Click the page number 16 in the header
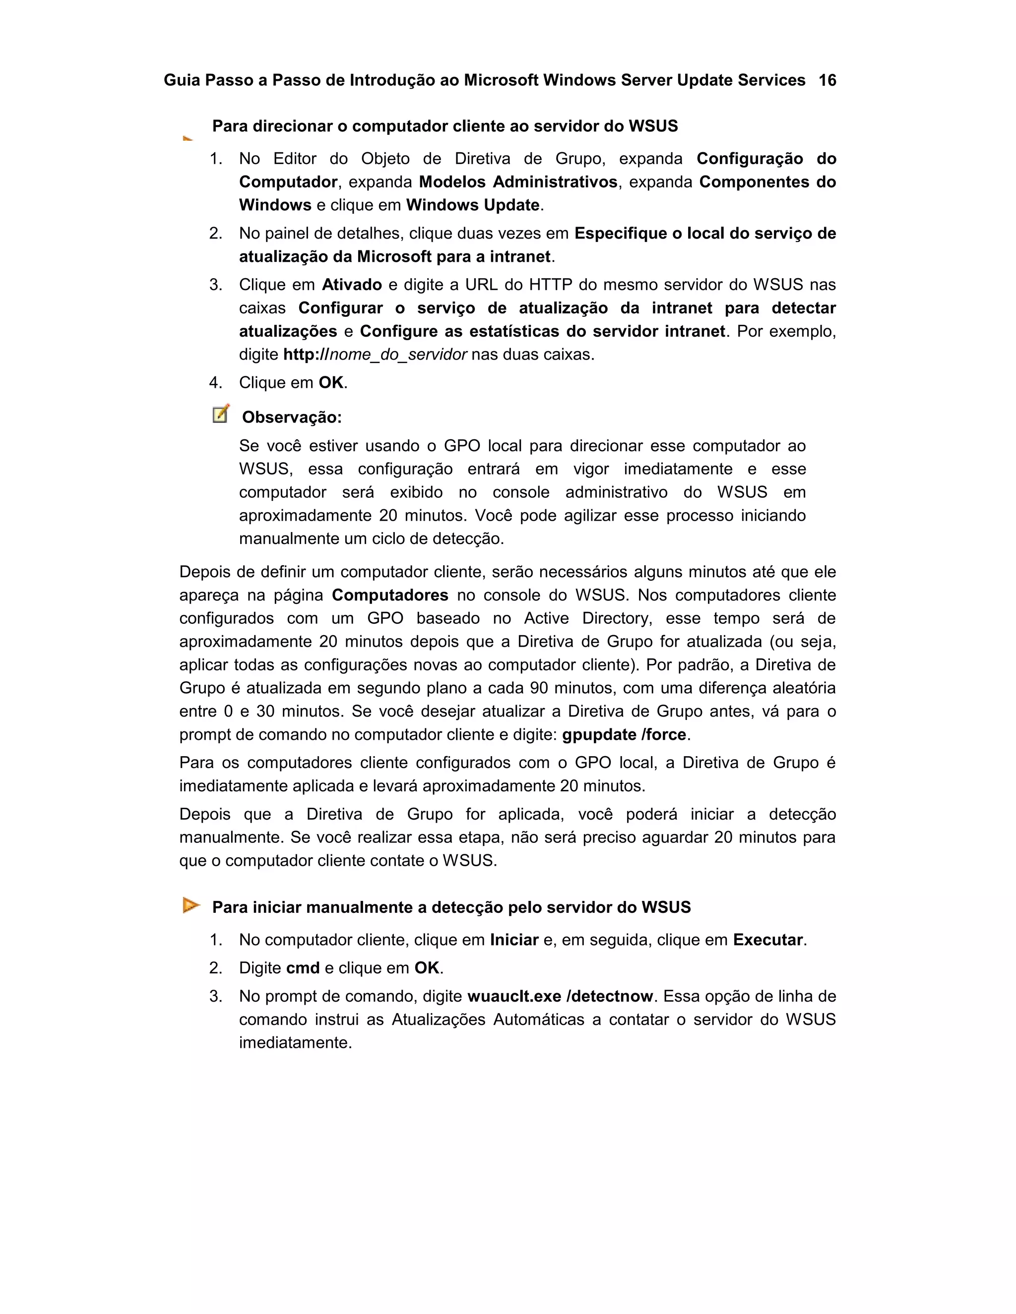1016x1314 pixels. [x=827, y=81]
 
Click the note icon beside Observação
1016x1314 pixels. [x=221, y=414]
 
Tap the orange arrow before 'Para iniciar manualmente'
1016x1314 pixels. [x=191, y=905]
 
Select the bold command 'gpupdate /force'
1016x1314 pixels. [x=624, y=735]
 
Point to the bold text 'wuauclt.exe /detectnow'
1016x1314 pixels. [x=560, y=996]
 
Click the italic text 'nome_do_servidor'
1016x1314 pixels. [x=398, y=355]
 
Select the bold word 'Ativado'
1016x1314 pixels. [x=352, y=285]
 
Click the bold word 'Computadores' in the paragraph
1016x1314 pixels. [x=390, y=595]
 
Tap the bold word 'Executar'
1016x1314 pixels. [x=768, y=940]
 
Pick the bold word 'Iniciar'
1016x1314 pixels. [x=514, y=940]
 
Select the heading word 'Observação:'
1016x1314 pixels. [x=292, y=418]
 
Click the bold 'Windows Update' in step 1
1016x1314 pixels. [x=472, y=205]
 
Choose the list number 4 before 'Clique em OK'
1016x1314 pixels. [x=215, y=383]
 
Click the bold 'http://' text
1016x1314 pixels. [x=306, y=355]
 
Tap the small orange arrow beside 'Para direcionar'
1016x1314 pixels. [x=188, y=138]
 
